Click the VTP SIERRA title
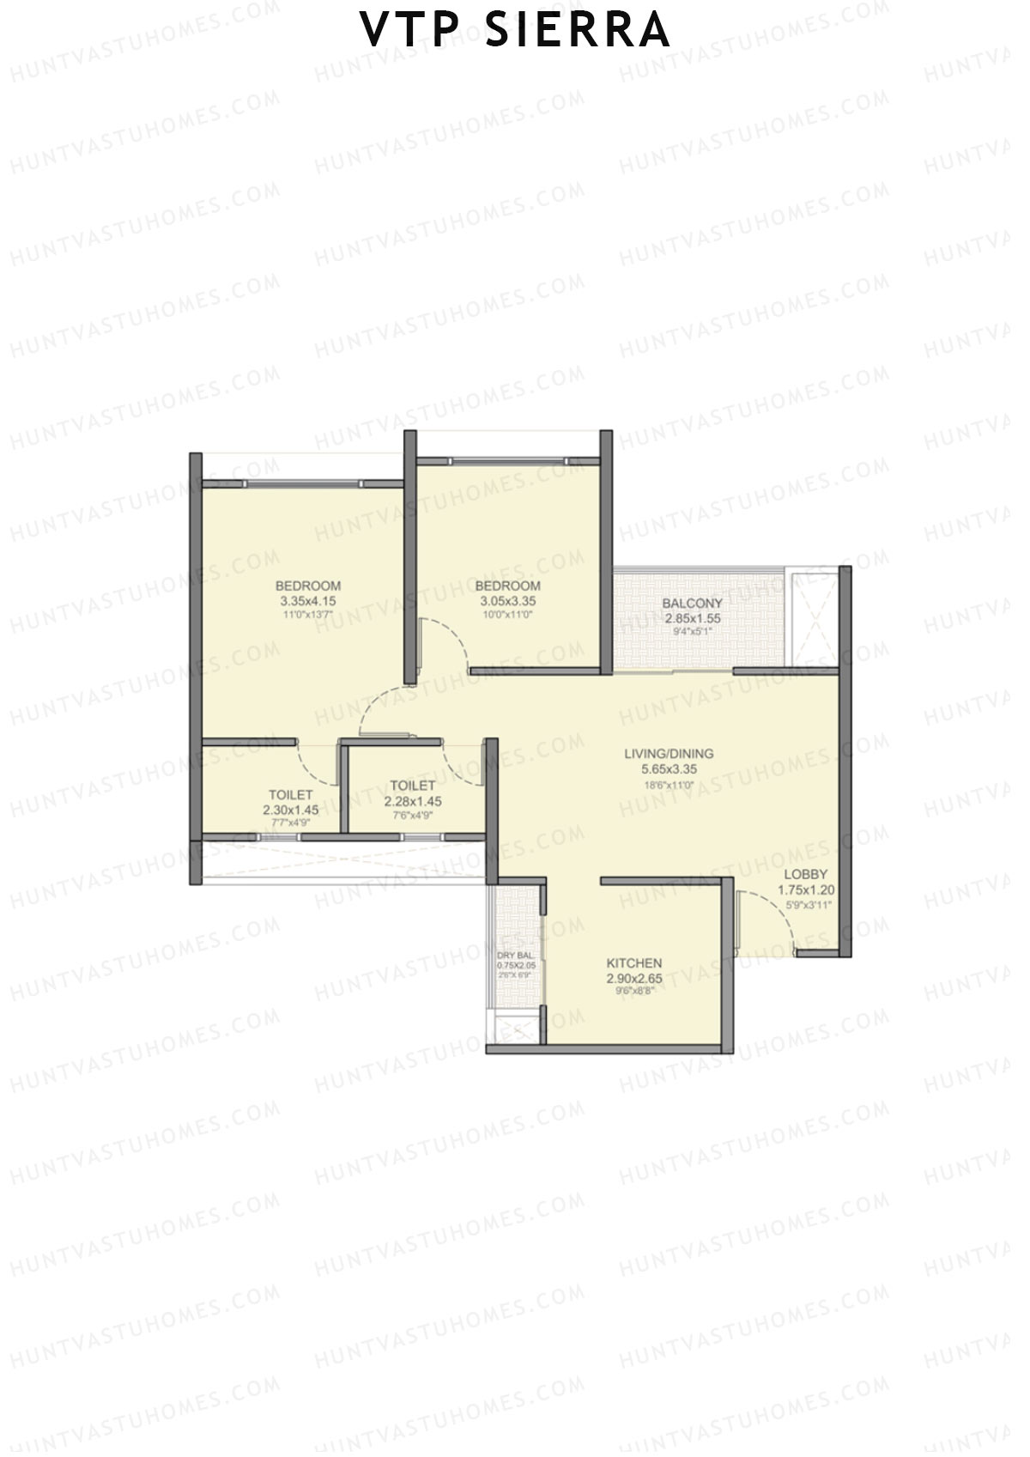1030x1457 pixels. point(515,31)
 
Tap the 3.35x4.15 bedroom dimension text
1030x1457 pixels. point(307,601)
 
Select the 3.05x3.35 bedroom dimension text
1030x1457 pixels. point(507,601)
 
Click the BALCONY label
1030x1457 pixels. point(692,603)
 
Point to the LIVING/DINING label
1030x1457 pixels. point(669,754)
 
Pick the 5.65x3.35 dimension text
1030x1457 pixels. point(669,769)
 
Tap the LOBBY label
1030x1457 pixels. point(806,875)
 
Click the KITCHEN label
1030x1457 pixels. point(634,962)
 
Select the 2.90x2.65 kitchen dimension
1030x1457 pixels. point(634,978)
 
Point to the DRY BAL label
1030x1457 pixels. point(515,955)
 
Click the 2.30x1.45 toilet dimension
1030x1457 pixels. point(290,810)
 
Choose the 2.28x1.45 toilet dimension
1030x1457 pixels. point(413,801)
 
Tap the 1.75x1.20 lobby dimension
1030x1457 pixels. point(806,890)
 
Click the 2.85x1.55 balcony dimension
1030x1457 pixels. point(692,618)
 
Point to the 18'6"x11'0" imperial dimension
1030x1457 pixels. point(669,784)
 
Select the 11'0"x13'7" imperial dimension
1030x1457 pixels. point(307,615)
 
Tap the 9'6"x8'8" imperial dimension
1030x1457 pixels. point(634,991)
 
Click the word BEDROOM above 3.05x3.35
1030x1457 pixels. point(507,586)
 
